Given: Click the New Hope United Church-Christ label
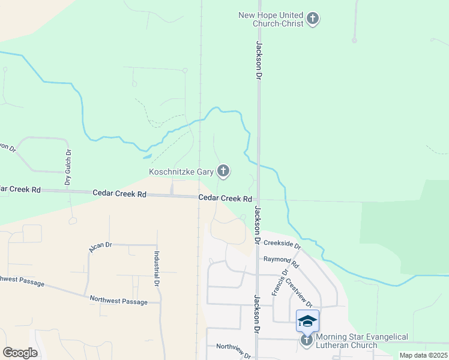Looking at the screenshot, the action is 271,19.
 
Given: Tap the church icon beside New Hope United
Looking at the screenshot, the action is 312,19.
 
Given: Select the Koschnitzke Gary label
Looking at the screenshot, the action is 181,172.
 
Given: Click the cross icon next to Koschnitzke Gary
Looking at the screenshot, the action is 223,172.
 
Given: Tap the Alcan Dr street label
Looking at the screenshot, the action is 100,246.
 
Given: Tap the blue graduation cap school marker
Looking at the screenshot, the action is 307,321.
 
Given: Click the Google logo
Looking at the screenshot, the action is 20,352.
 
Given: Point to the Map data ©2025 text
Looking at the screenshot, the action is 423,355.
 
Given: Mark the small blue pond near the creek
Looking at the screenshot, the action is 147,157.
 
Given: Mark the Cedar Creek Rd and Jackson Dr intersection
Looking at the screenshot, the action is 258,200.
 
